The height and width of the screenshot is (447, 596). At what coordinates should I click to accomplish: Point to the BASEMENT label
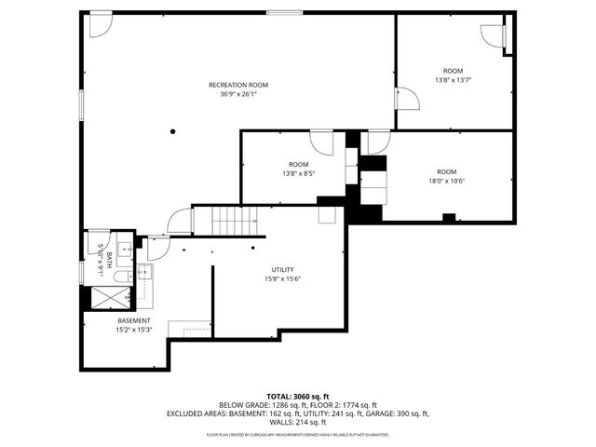[133, 320]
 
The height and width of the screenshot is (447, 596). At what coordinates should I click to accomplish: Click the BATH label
[109, 254]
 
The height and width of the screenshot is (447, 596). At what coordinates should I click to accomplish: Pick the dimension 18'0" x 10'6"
[447, 180]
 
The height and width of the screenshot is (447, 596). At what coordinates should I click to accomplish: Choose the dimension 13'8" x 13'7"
[453, 79]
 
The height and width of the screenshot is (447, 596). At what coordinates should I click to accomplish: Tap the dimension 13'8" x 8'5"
[298, 172]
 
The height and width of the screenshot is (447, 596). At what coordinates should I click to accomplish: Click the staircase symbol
[233, 223]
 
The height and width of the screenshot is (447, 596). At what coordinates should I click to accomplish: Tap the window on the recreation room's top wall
[283, 13]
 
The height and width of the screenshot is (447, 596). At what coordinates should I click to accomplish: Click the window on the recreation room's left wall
[81, 104]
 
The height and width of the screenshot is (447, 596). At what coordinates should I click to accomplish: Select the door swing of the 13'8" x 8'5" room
[321, 142]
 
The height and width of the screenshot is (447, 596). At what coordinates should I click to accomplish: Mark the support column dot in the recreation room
[173, 131]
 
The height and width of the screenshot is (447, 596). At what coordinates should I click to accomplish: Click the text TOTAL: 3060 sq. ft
[298, 396]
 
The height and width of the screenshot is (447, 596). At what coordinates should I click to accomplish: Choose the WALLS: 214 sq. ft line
[298, 422]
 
